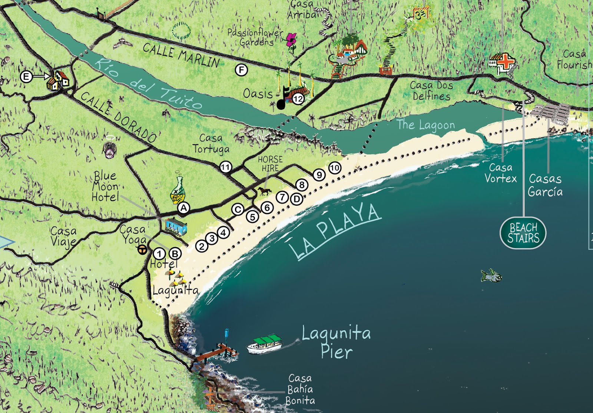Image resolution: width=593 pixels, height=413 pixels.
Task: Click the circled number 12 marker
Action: [x=298, y=99]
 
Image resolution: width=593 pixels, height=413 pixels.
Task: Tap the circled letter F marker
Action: [x=241, y=70]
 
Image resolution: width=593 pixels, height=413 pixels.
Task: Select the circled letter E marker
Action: [x=26, y=77]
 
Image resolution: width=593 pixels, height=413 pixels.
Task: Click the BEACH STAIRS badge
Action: [x=523, y=233]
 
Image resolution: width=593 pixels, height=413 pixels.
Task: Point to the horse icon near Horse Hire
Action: [x=264, y=191]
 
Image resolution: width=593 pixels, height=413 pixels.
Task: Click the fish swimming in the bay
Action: [x=491, y=275]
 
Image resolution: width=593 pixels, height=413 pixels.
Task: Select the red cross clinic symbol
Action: [x=505, y=62]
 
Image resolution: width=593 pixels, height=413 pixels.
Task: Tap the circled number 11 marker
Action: [x=225, y=167]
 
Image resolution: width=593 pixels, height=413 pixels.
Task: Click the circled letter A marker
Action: [x=183, y=208]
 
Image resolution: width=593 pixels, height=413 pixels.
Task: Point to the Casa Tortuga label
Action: [x=211, y=143]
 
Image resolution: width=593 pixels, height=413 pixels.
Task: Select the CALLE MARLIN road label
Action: [x=181, y=55]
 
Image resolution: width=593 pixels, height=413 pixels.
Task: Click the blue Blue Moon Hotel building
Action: [x=176, y=226]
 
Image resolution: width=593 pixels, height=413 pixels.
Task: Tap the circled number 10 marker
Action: [x=335, y=168]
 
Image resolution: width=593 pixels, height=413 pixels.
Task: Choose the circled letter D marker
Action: [x=296, y=199]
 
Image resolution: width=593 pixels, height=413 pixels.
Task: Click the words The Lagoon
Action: [x=425, y=125]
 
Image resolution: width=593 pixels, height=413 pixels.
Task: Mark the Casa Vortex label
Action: [x=500, y=173]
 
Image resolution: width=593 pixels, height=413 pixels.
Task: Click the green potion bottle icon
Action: [x=177, y=190]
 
